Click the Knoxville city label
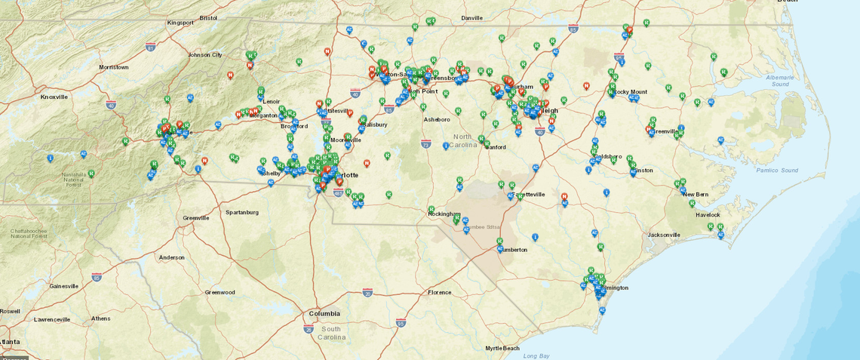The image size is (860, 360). (54, 97)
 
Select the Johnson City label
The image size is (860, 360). (205, 55)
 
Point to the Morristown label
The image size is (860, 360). (114, 67)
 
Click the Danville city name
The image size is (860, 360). (471, 17)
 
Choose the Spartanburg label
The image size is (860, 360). (242, 212)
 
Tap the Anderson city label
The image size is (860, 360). (171, 257)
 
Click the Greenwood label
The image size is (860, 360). (220, 292)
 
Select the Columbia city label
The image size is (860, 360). (324, 313)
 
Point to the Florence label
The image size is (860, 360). (439, 292)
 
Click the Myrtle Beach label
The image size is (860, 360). (502, 348)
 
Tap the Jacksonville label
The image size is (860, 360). (664, 235)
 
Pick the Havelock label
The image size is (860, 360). (708, 214)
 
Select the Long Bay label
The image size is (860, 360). (536, 355)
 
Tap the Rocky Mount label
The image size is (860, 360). (631, 92)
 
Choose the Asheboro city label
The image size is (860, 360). (436, 119)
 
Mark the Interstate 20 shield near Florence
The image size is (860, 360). (367, 291)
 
